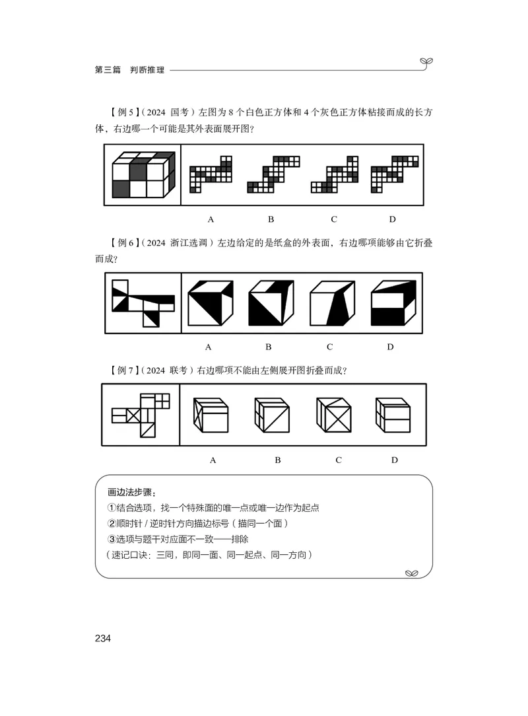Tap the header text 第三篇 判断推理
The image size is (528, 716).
pyautogui.click(x=125, y=69)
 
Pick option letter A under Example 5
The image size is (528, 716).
pyautogui.click(x=211, y=219)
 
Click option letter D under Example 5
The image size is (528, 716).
pyautogui.click(x=392, y=219)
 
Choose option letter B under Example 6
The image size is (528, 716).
pyautogui.click(x=269, y=347)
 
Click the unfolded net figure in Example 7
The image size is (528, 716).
pyautogui.click(x=141, y=415)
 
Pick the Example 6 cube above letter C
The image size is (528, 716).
pyautogui.click(x=330, y=303)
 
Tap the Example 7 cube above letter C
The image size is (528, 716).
pyautogui.click(x=334, y=415)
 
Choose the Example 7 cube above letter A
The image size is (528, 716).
pyautogui.click(x=210, y=415)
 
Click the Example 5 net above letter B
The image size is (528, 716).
pyautogui.click(x=273, y=174)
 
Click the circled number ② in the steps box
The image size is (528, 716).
pyautogui.click(x=112, y=524)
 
